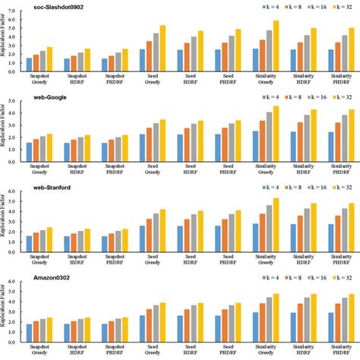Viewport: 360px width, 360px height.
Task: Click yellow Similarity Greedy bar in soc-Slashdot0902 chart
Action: pyautogui.click(x=276, y=46)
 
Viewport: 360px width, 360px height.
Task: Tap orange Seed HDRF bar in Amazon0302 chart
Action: pyautogui.click(x=185, y=324)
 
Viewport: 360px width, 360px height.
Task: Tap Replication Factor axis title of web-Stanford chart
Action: pyautogui.click(x=7, y=220)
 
